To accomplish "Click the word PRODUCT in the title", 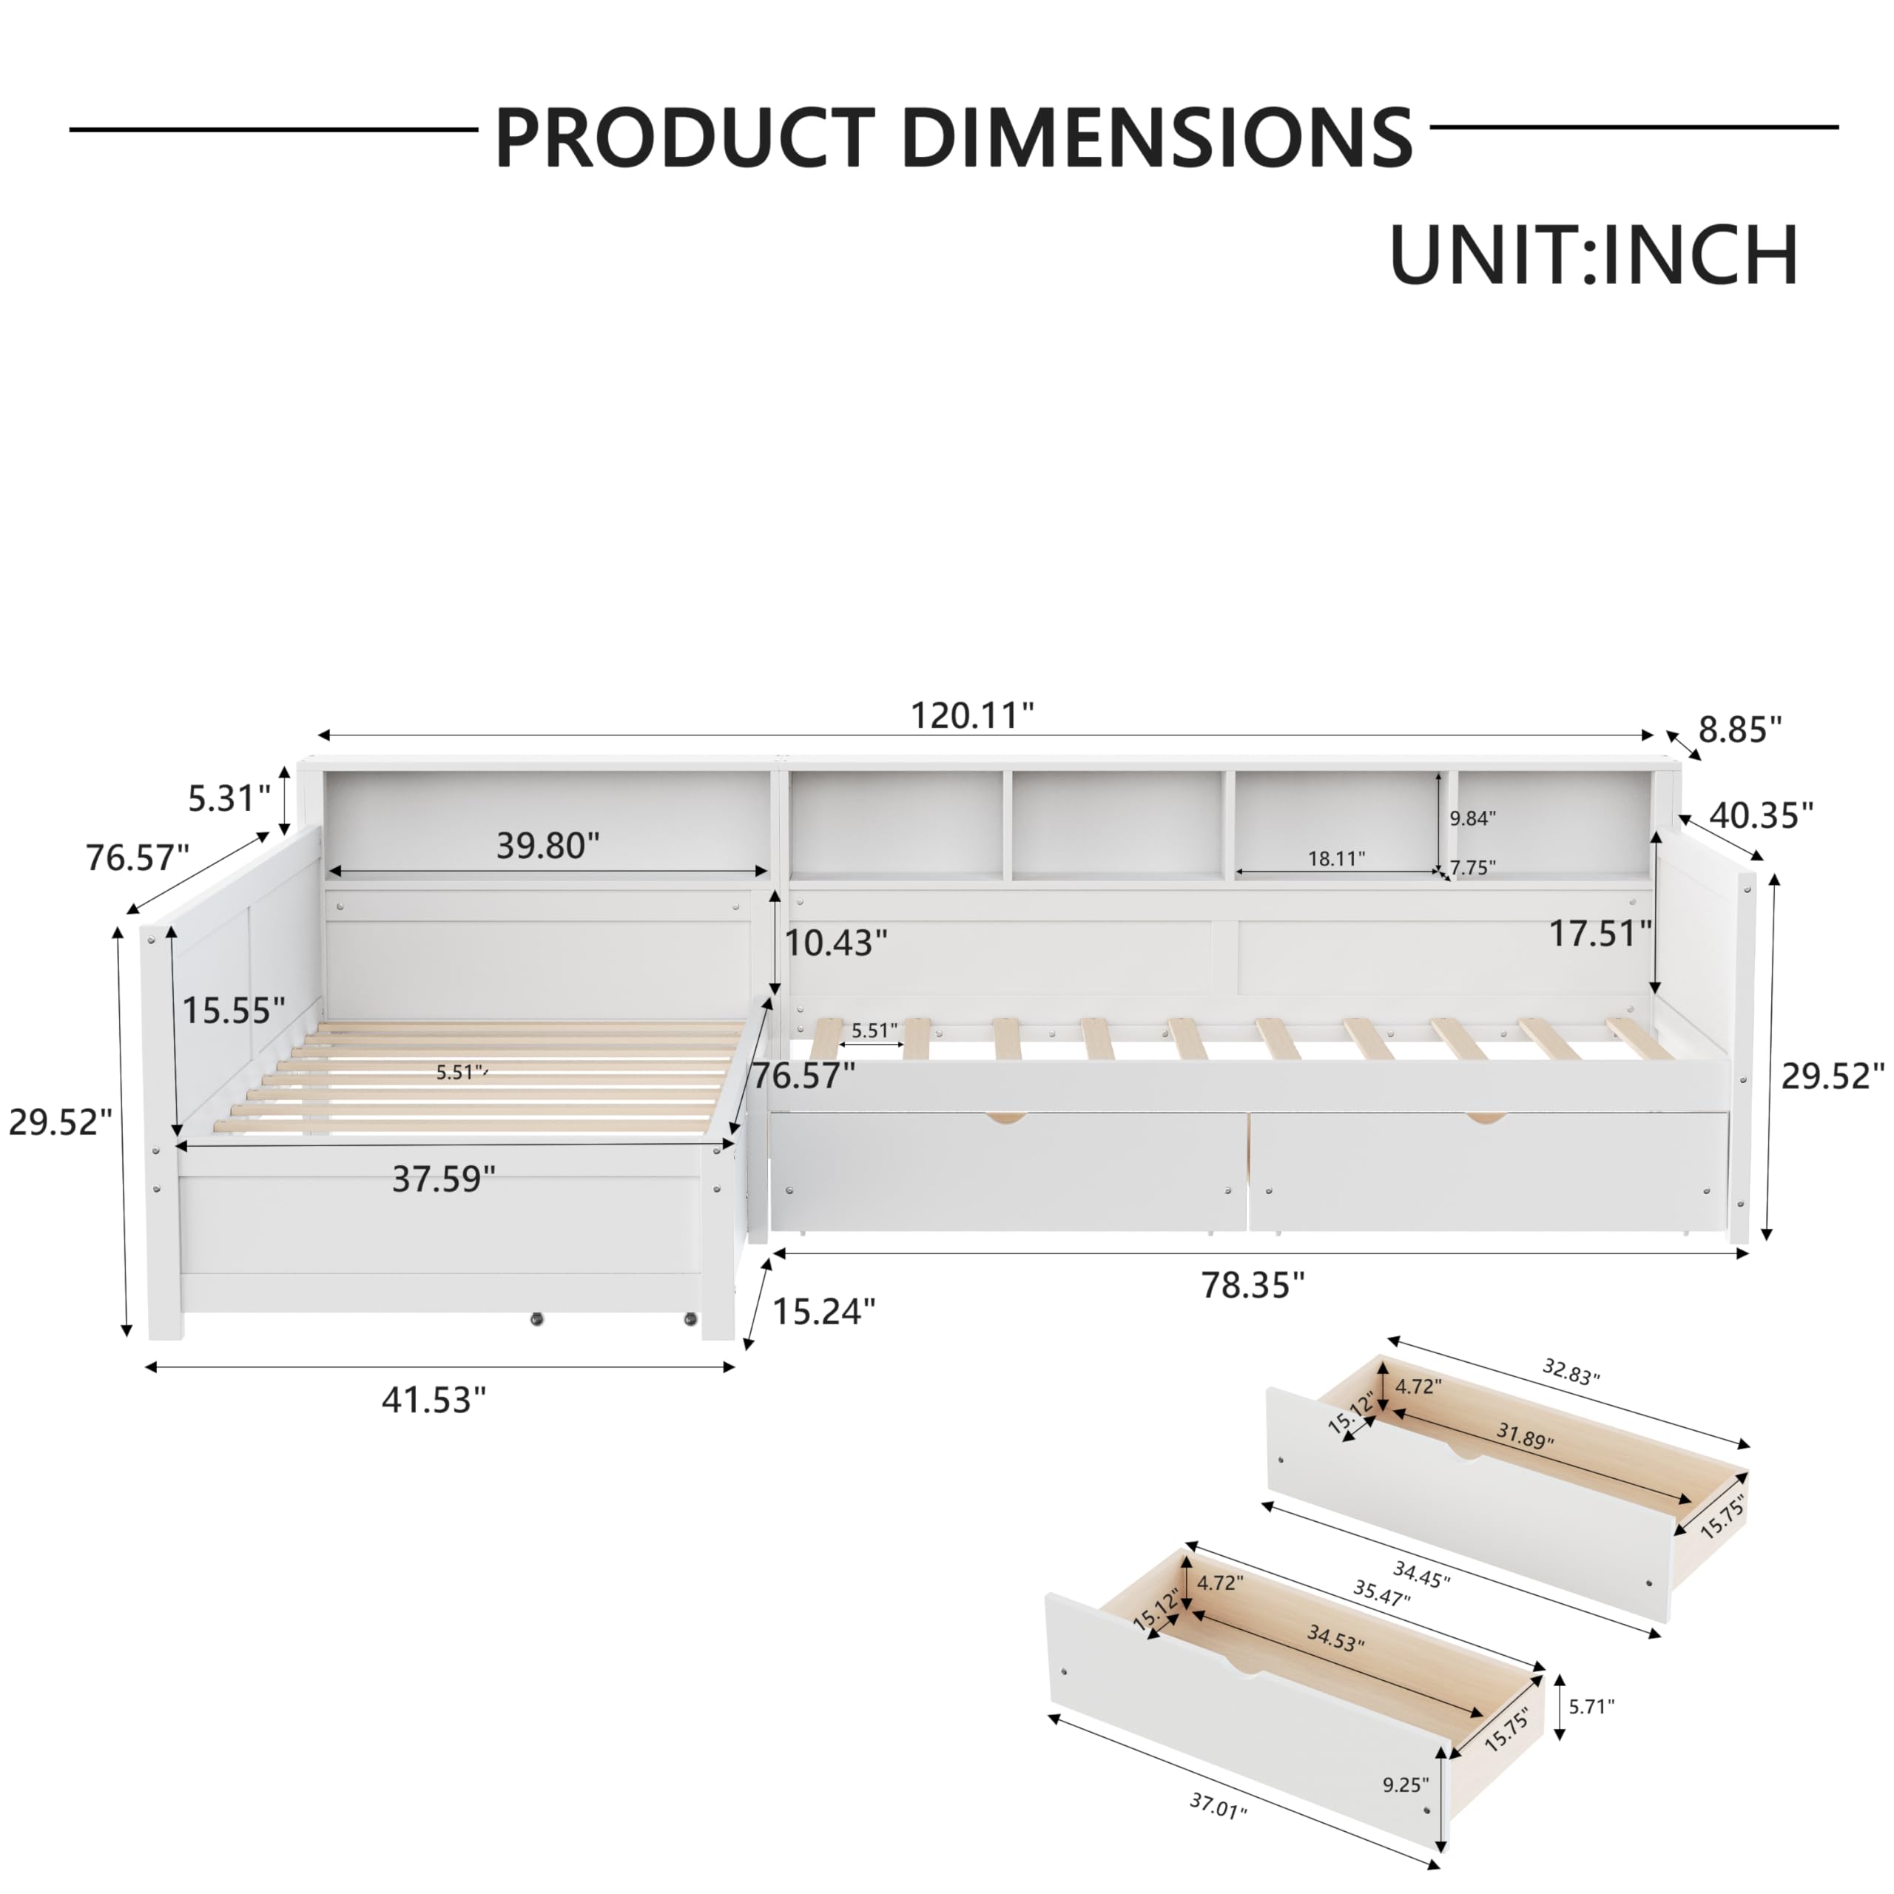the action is tap(684, 138).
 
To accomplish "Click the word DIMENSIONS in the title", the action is tap(1157, 138).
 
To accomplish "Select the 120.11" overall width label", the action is tap(971, 715).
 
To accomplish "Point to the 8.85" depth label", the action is tap(1740, 729).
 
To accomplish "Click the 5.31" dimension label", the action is tap(229, 798).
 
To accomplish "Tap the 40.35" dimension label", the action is tap(1762, 815).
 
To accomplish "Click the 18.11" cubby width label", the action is tap(1336, 859).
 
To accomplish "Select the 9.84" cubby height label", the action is tap(1472, 818).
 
